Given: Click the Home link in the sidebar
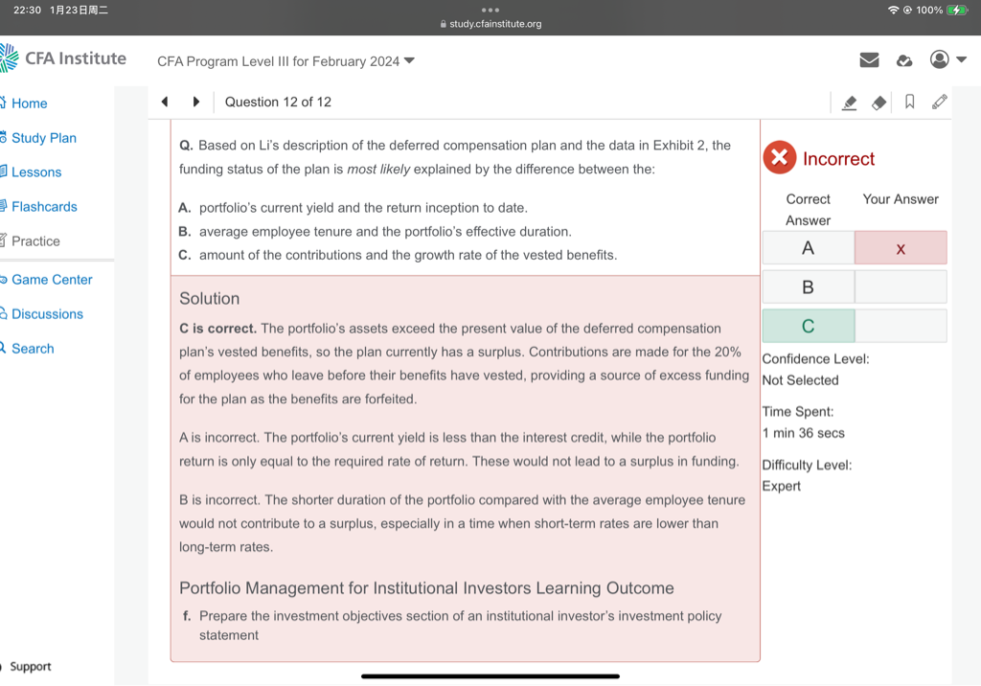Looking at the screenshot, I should (29, 103).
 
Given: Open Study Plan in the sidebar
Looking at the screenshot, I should (43, 138).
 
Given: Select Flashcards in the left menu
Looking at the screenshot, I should (44, 207).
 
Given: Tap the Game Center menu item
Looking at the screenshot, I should (52, 280).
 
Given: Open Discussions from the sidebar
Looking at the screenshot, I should (47, 314).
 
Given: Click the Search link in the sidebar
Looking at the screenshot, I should (33, 349).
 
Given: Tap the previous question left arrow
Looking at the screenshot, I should (164, 102).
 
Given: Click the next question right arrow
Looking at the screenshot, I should (196, 102).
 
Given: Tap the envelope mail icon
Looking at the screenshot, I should (869, 60).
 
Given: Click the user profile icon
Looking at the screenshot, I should (940, 59).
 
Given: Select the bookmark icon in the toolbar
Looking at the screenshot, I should (909, 102).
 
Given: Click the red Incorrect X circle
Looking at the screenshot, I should (780, 158).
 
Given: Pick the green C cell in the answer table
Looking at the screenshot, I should (808, 326).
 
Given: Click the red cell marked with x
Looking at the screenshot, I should (900, 248).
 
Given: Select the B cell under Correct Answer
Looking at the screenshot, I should (808, 286).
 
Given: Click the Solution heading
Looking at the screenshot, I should (209, 299).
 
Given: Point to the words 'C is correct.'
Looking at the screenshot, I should (217, 329).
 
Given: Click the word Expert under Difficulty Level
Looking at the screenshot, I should (782, 487).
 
